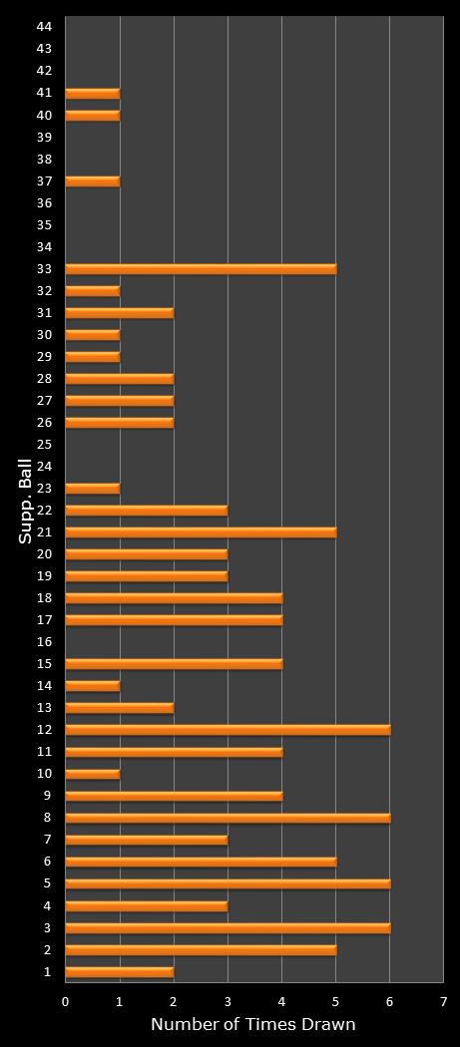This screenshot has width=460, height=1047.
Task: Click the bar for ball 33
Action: click(201, 268)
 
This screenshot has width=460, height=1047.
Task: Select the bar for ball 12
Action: click(228, 729)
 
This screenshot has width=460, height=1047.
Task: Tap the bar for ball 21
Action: click(201, 531)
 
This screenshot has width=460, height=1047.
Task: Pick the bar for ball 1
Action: click(120, 971)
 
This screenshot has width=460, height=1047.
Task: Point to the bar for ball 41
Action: click(93, 93)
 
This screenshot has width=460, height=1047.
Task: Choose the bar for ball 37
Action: click(93, 180)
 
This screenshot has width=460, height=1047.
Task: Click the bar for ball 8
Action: click(228, 818)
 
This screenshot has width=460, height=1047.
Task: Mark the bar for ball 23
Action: click(93, 488)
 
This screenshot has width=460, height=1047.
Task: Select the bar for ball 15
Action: click(174, 663)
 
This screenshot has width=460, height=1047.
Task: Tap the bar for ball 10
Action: click(93, 773)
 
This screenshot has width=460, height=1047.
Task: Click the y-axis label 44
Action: click(43, 26)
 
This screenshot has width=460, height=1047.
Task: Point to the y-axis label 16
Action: click(43, 641)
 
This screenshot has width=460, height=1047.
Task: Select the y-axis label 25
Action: click(43, 444)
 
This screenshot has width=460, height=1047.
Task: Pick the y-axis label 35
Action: click(43, 224)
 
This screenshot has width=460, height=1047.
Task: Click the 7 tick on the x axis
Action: click(443, 1000)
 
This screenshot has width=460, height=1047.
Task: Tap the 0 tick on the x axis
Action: click(66, 1000)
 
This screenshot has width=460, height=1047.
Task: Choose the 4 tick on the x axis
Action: click(281, 1000)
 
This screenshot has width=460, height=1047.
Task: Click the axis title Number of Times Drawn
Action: click(252, 1024)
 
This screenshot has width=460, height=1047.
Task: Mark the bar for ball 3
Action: click(228, 927)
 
